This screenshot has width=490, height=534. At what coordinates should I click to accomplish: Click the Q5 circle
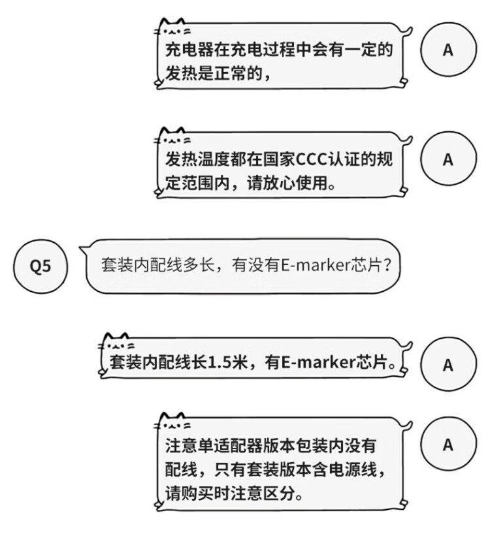[x=41, y=267]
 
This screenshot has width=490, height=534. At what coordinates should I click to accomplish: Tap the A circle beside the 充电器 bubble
[x=448, y=50]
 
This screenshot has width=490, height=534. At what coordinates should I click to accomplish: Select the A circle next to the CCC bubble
[x=448, y=159]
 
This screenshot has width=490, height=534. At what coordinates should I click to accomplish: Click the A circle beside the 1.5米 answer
[x=448, y=364]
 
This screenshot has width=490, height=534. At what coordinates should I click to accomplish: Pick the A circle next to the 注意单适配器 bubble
[x=448, y=445]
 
